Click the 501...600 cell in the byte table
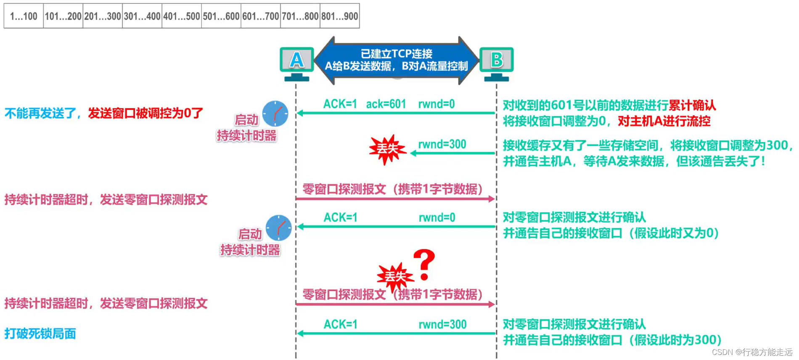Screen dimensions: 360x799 tap(221, 16)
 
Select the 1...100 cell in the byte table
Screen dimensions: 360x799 tap(24, 16)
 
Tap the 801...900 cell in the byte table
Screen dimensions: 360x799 tap(340, 16)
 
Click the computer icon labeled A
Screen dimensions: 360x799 tap(296, 63)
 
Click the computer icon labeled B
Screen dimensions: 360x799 tap(496, 63)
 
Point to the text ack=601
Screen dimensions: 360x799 tap(386, 104)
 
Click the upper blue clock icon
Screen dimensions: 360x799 tap(275, 114)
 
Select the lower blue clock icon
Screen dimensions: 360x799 tap(278, 228)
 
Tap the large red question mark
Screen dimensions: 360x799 tap(424, 264)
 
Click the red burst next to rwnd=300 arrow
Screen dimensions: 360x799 tap(387, 149)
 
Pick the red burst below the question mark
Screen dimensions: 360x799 tap(395, 277)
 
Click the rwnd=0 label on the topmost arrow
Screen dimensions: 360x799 tap(436, 104)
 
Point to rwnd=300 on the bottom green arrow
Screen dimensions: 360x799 tap(442, 324)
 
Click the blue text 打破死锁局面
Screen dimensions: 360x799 tap(40, 334)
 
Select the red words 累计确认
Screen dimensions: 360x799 tap(692, 105)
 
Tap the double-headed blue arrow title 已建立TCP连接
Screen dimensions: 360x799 tap(396, 54)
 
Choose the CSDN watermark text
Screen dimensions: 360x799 tap(751, 352)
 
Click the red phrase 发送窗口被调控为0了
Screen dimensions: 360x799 tap(145, 113)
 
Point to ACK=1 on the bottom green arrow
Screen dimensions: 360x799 tap(340, 324)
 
